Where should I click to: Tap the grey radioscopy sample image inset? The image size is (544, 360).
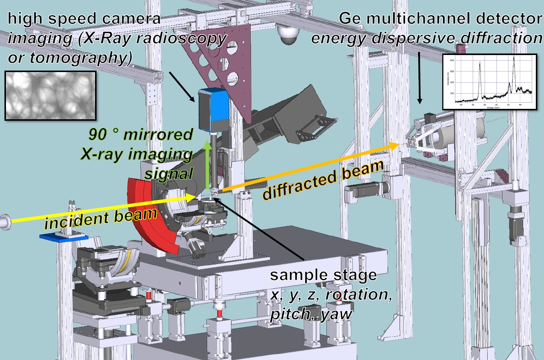51,95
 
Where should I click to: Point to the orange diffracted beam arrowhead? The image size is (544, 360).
394,146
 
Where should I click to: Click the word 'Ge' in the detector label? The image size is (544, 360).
349,19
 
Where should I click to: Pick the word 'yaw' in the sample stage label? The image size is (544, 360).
336,314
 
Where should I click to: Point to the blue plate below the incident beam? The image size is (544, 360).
63,237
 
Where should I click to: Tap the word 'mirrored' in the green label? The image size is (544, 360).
158,134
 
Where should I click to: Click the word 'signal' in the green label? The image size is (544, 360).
169,173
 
